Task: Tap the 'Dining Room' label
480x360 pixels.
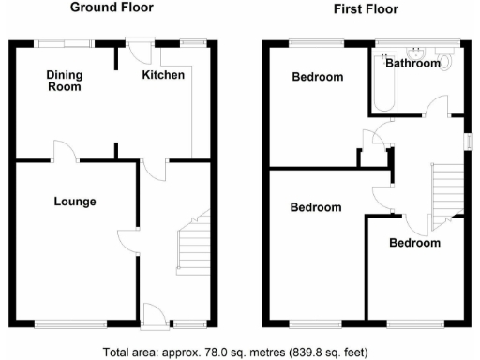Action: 65,81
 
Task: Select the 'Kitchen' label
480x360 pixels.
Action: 162,75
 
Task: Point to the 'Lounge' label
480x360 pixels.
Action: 75,201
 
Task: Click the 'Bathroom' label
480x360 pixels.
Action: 412,65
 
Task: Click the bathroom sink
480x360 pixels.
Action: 415,51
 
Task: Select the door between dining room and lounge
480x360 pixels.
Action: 63,152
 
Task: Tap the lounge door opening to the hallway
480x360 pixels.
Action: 127,239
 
